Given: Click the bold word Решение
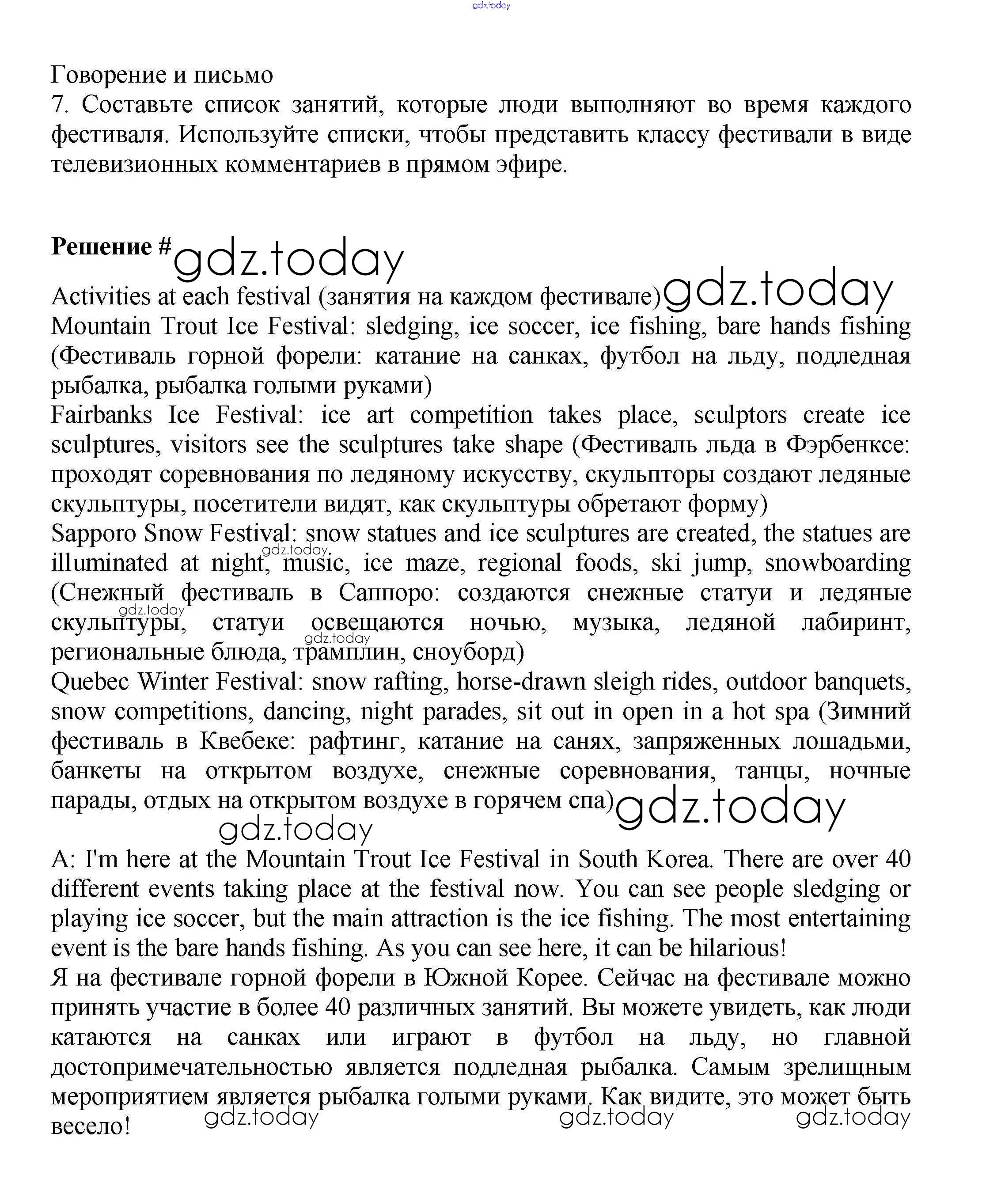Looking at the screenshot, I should pyautogui.click(x=101, y=246).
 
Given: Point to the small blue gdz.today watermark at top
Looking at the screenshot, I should pyautogui.click(x=491, y=6).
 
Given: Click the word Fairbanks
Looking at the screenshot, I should pyautogui.click(x=101, y=415).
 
